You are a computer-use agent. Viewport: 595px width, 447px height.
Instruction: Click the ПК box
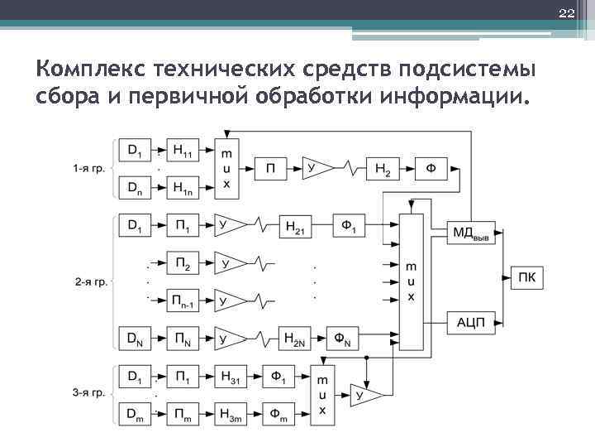point(527,276)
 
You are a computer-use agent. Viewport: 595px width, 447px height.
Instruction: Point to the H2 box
point(382,169)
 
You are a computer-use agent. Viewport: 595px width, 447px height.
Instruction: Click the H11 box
point(184,150)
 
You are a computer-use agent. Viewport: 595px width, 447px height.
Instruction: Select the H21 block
point(296,225)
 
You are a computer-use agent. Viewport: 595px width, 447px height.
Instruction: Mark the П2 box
point(184,264)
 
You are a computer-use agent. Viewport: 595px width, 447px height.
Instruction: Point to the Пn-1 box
point(184,300)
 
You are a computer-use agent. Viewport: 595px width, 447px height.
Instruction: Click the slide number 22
point(565,12)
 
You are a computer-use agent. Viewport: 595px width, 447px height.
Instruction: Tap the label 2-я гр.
point(89,281)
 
